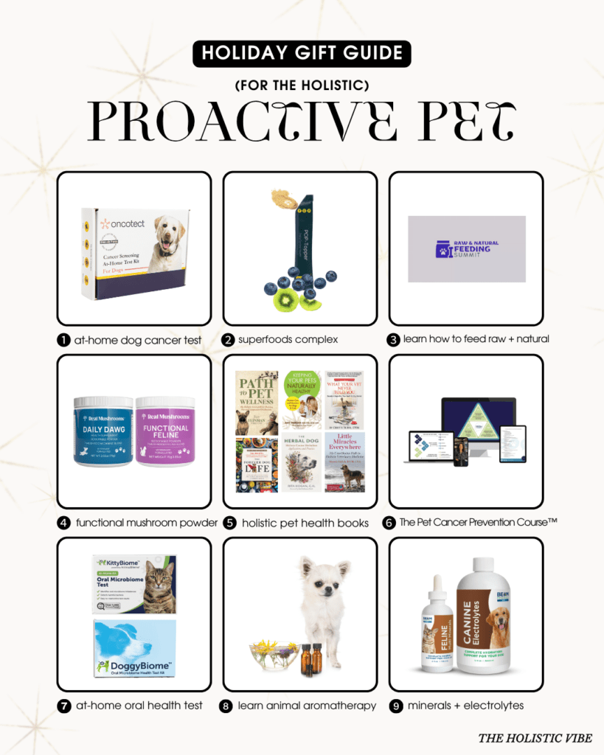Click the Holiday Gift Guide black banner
coord(301,54)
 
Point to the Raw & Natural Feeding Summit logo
coord(466,248)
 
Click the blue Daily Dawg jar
coord(103,432)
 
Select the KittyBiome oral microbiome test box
coord(134,582)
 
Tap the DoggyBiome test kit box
coord(134,647)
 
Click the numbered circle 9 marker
coord(395,706)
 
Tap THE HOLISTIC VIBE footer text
coord(535,737)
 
